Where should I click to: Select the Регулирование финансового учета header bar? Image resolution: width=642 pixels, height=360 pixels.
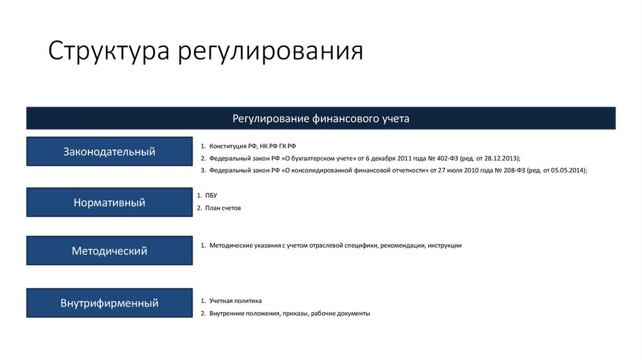pos(320,118)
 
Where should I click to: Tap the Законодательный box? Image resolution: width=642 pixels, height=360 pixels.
pos(109,151)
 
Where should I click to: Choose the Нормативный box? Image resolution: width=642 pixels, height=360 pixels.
pos(109,203)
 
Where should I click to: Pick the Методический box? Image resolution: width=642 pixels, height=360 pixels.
pos(109,251)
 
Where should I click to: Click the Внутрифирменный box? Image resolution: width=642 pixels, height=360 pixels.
pos(109,304)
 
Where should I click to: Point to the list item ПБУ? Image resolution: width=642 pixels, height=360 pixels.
pos(211,196)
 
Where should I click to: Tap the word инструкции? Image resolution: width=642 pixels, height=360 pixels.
pos(445,246)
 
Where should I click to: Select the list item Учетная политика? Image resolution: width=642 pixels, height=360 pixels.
pos(235,301)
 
